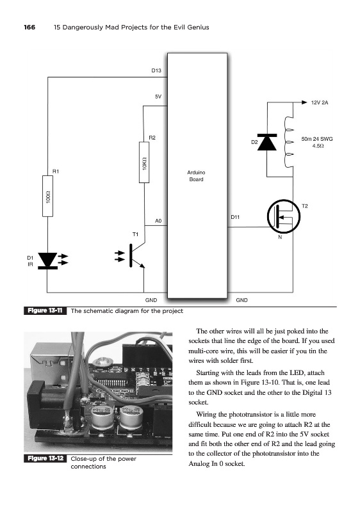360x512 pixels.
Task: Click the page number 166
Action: point(29,28)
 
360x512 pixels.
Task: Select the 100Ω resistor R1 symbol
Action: point(47,196)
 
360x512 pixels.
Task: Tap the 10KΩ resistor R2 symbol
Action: point(144,163)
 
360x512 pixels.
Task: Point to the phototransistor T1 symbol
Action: point(131,255)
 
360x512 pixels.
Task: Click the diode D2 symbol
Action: point(267,142)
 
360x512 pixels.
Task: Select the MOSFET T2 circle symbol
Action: point(284,216)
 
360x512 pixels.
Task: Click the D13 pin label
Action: point(156,70)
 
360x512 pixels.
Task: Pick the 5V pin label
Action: point(158,97)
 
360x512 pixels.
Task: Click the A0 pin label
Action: point(158,221)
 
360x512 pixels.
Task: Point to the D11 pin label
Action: point(235,217)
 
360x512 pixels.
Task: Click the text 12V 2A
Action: point(320,102)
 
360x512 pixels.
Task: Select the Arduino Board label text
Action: point(196,175)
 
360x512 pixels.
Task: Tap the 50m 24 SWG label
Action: point(317,139)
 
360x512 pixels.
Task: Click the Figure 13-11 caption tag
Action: point(45,310)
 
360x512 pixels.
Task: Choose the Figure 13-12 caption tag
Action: point(45,458)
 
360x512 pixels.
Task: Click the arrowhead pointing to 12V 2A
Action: point(304,102)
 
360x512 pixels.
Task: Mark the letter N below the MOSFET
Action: point(280,237)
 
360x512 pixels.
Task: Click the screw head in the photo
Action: point(103,362)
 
